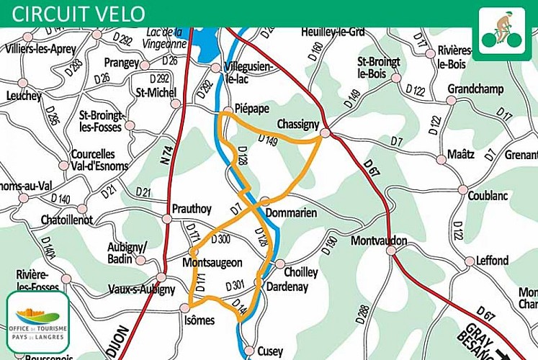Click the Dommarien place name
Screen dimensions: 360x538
(x=292, y=213)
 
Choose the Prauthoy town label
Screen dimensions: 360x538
(x=192, y=209)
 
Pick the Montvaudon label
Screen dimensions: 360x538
(x=379, y=240)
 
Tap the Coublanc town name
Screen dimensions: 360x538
(x=488, y=195)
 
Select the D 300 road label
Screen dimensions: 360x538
(x=220, y=238)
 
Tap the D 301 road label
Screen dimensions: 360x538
(x=236, y=286)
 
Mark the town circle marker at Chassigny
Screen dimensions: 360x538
(x=325, y=133)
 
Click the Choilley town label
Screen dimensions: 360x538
(x=301, y=272)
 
